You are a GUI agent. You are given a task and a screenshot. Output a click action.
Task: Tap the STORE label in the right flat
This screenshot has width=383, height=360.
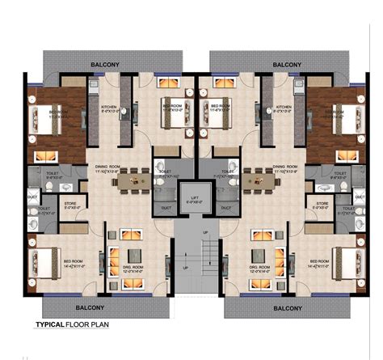click(322, 204)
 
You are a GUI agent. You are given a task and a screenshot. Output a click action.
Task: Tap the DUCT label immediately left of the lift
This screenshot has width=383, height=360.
click(165, 207)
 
